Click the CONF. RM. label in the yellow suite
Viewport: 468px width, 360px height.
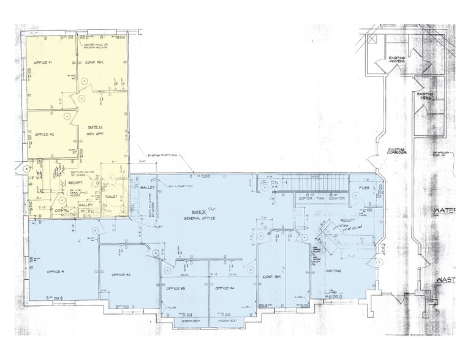(93, 63)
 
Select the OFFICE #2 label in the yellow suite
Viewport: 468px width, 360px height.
(45, 134)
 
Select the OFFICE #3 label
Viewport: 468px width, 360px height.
(176, 288)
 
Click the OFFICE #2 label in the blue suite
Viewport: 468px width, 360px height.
(121, 274)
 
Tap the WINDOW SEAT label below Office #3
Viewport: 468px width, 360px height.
(184, 320)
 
